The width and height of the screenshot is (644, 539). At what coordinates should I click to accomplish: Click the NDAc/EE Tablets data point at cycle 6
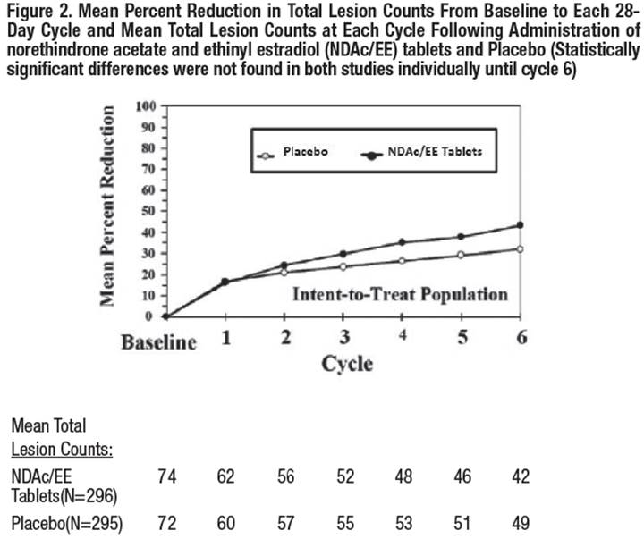519,225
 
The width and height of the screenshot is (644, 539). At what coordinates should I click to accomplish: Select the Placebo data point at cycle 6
519,248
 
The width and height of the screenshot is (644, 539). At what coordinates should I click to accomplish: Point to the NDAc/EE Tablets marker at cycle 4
402,242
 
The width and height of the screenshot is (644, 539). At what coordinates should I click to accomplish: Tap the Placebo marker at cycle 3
343,266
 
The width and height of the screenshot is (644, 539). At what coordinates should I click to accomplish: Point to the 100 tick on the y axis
145,106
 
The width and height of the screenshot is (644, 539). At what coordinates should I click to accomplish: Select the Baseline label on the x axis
160,342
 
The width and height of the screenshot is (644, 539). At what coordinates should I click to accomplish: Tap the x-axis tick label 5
462,338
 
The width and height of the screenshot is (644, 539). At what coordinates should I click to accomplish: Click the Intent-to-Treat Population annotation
400,293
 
